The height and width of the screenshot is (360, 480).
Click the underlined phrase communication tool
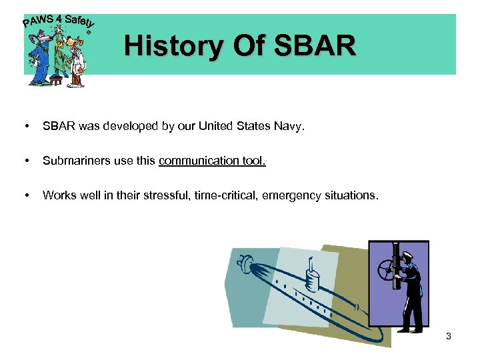click(x=212, y=160)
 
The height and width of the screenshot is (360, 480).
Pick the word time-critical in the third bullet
click(x=225, y=195)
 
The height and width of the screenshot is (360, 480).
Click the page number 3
click(x=449, y=336)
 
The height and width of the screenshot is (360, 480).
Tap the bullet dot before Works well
click(x=26, y=195)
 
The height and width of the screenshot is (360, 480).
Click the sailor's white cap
click(x=408, y=254)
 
